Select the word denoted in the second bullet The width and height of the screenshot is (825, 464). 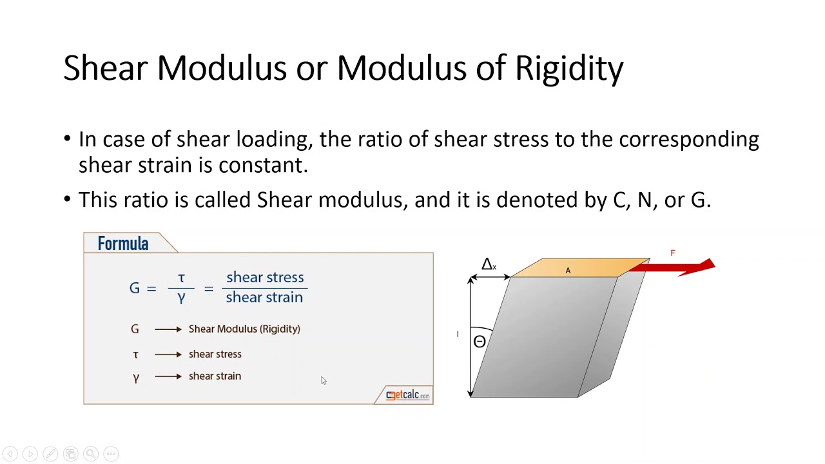click(538, 200)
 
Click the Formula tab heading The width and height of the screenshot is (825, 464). click(123, 244)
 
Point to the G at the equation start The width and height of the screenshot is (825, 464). click(134, 288)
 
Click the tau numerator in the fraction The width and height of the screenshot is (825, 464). click(181, 278)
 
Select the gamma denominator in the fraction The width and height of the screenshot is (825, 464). click(181, 298)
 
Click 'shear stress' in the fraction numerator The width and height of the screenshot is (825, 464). click(265, 277)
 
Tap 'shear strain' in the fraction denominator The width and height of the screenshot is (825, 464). click(264, 297)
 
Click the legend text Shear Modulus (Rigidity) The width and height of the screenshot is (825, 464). click(244, 329)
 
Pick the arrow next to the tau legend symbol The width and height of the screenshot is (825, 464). click(168, 354)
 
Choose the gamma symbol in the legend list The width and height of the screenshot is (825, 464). click(135, 378)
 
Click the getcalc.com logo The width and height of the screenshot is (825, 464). click(407, 395)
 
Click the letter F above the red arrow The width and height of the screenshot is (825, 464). click(672, 253)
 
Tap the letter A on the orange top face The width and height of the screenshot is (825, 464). click(568, 271)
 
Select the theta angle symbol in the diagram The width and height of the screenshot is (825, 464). click(480, 342)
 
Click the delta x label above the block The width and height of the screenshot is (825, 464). click(489, 264)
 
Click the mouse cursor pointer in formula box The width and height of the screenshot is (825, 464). click(323, 380)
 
